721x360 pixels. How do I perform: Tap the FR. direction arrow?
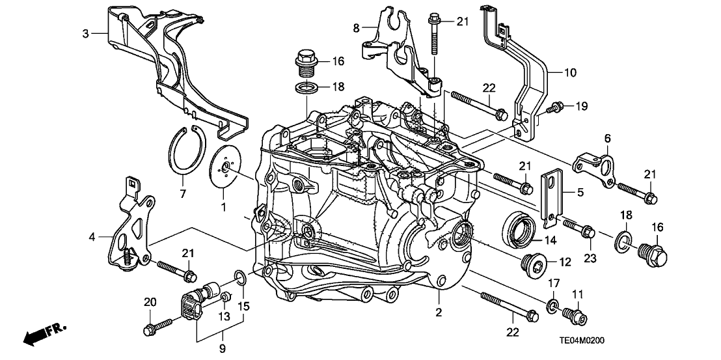[x=46, y=334]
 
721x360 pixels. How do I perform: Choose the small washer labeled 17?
[x=552, y=305]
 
